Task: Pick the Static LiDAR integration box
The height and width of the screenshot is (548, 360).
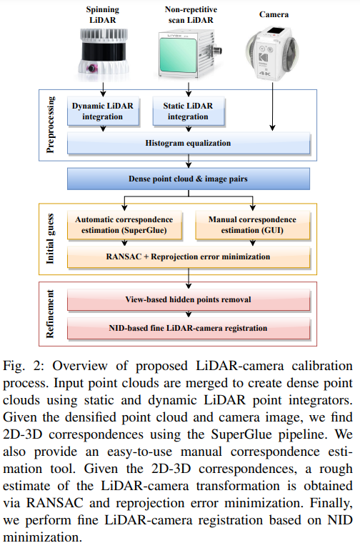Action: [x=188, y=111]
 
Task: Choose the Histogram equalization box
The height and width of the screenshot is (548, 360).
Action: [x=189, y=143]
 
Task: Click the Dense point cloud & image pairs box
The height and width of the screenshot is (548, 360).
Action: [x=189, y=178]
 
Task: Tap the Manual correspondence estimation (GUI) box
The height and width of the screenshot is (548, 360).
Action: [x=253, y=226]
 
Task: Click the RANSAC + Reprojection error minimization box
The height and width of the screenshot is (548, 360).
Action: [x=189, y=256]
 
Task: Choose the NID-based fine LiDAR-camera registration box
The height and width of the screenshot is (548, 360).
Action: [x=189, y=328]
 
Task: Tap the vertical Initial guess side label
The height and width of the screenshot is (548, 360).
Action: [x=50, y=239]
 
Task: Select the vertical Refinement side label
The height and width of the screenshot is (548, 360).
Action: [x=50, y=313]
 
